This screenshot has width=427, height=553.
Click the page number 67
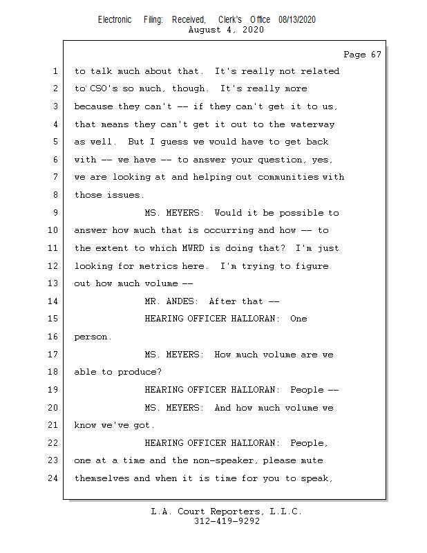point(376,55)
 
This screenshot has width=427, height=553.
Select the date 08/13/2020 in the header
point(297,19)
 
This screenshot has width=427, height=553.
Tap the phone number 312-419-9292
point(227,521)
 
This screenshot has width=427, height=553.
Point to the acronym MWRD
point(193,248)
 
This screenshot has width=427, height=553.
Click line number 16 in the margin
point(53,337)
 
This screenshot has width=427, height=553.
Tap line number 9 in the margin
point(56,213)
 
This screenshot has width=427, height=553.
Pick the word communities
point(288,177)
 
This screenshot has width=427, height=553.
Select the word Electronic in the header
point(115,19)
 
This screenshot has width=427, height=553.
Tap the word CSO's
point(104,88)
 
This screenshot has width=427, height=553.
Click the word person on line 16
point(92,337)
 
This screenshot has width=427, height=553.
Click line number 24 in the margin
point(53,478)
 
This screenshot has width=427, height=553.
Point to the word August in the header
point(205,30)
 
